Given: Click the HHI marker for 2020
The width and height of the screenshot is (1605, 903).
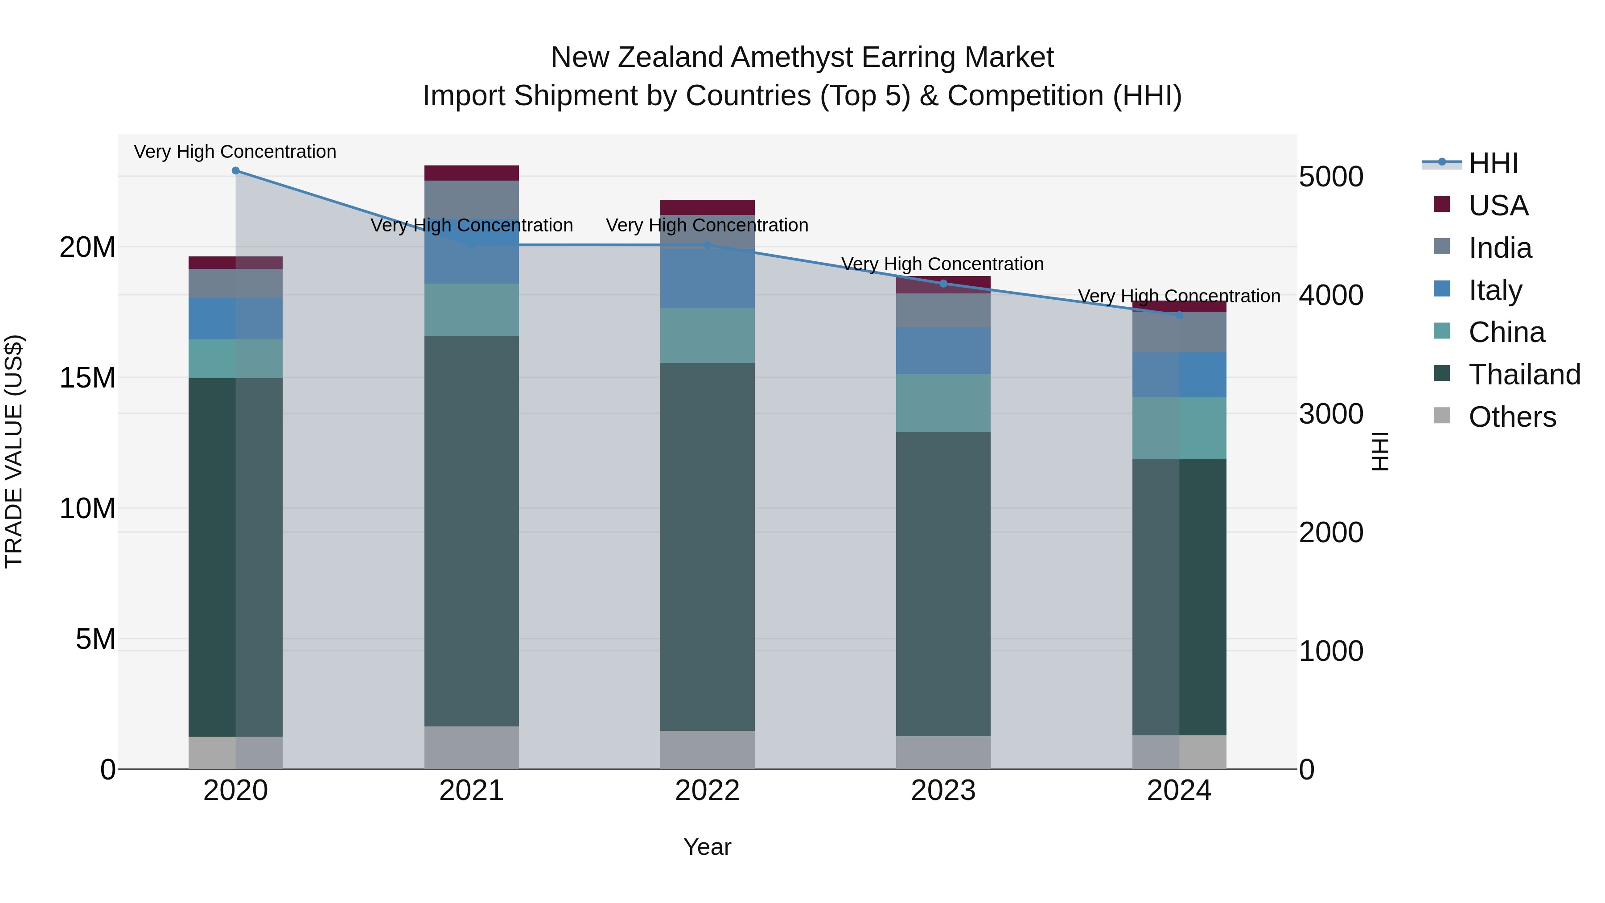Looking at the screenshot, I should tap(235, 171).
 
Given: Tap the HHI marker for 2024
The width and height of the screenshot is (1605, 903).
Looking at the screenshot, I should tap(1179, 315).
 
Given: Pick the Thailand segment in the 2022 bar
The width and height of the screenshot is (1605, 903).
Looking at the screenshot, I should tap(707, 547).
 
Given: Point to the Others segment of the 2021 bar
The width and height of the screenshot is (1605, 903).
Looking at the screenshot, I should tap(472, 747).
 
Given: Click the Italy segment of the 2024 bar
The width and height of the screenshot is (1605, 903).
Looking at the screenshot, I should tap(1179, 375).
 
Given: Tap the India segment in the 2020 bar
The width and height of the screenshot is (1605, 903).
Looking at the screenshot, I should tap(235, 284).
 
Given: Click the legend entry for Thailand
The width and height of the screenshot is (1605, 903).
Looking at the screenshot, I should tap(1524, 375).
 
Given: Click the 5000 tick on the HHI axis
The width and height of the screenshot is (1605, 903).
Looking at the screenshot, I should tap(1331, 177).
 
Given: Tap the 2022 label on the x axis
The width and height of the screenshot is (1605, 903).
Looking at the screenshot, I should tap(707, 791).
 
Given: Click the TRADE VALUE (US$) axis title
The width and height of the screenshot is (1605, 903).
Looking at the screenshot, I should tap(14, 451).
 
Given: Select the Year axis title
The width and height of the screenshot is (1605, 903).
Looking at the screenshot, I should tap(707, 847).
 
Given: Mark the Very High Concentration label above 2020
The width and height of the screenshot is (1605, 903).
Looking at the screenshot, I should tap(235, 152).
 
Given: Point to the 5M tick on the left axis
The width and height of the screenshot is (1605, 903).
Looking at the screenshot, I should tap(95, 639).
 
